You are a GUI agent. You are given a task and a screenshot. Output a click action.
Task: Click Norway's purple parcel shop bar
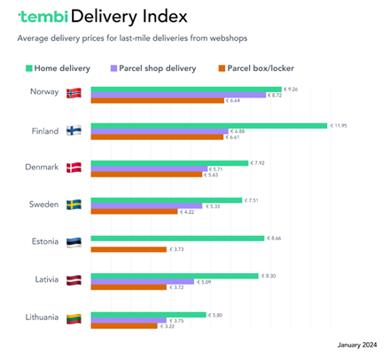click(177, 95)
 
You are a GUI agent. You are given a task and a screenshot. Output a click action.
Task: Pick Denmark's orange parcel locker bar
click(146, 175)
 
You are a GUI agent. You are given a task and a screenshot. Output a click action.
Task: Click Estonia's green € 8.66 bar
click(177, 238)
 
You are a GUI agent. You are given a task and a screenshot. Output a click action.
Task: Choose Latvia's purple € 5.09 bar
click(142, 282)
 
